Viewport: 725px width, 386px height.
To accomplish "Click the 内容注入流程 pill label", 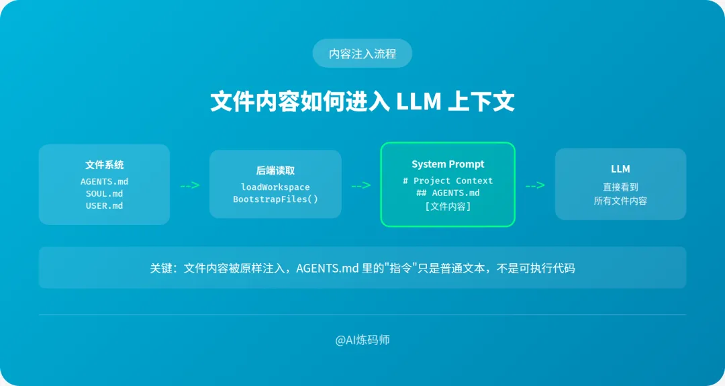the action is point(362,54).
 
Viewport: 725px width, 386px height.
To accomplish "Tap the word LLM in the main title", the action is point(419,102).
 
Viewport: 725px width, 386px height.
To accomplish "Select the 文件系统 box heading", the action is point(104,165).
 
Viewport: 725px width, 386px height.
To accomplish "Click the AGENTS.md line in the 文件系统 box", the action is point(104,182).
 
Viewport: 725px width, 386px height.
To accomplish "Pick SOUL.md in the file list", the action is point(104,194).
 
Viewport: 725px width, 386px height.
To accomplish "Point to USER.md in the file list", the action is point(104,206).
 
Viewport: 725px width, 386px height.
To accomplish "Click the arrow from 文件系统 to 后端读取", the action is point(189,185).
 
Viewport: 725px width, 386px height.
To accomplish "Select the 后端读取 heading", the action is point(275,171).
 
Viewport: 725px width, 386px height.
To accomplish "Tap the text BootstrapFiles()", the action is point(275,199).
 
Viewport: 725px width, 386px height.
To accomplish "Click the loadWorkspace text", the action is point(275,187).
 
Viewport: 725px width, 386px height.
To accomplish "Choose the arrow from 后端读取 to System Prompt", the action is point(360,185).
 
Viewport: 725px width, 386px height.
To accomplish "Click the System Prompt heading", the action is point(448,164).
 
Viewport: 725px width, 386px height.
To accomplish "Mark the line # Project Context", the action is point(448,181).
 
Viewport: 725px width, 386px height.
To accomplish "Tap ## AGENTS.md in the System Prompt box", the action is point(448,193).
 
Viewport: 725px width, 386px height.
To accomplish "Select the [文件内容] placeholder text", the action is point(448,207).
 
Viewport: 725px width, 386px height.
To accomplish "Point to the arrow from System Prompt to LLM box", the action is point(534,185).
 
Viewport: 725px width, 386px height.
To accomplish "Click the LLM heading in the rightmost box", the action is point(620,169).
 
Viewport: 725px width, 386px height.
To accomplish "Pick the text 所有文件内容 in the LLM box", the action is point(620,201).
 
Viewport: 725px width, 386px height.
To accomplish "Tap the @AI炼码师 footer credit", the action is point(362,340).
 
